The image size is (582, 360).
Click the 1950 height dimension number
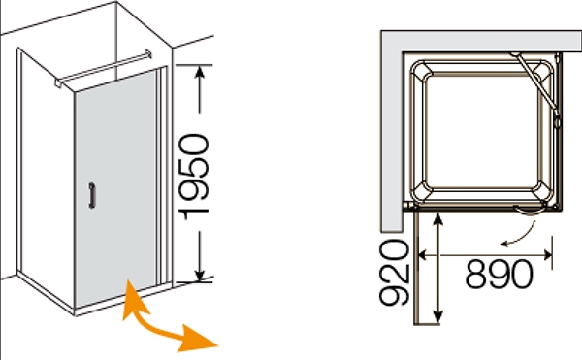pos(194,177)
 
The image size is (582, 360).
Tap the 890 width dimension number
pos(499,275)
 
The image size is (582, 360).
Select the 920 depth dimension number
pos(394,272)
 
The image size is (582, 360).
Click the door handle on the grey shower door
pos(92,195)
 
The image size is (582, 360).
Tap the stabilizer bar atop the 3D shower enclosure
pos(103,68)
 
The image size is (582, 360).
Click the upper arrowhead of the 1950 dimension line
pos(200,73)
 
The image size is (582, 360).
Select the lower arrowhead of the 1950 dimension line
pos(200,275)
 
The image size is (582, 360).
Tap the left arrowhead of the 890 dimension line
pos(422,255)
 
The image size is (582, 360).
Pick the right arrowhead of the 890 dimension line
pos(547,255)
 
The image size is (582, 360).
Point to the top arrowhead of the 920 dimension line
pos(438,219)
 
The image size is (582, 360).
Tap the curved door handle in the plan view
pos(530,211)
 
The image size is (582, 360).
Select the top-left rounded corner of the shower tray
pos(421,71)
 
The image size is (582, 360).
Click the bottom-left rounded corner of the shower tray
pos(422,193)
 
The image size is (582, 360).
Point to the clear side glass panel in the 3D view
pos(47,175)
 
